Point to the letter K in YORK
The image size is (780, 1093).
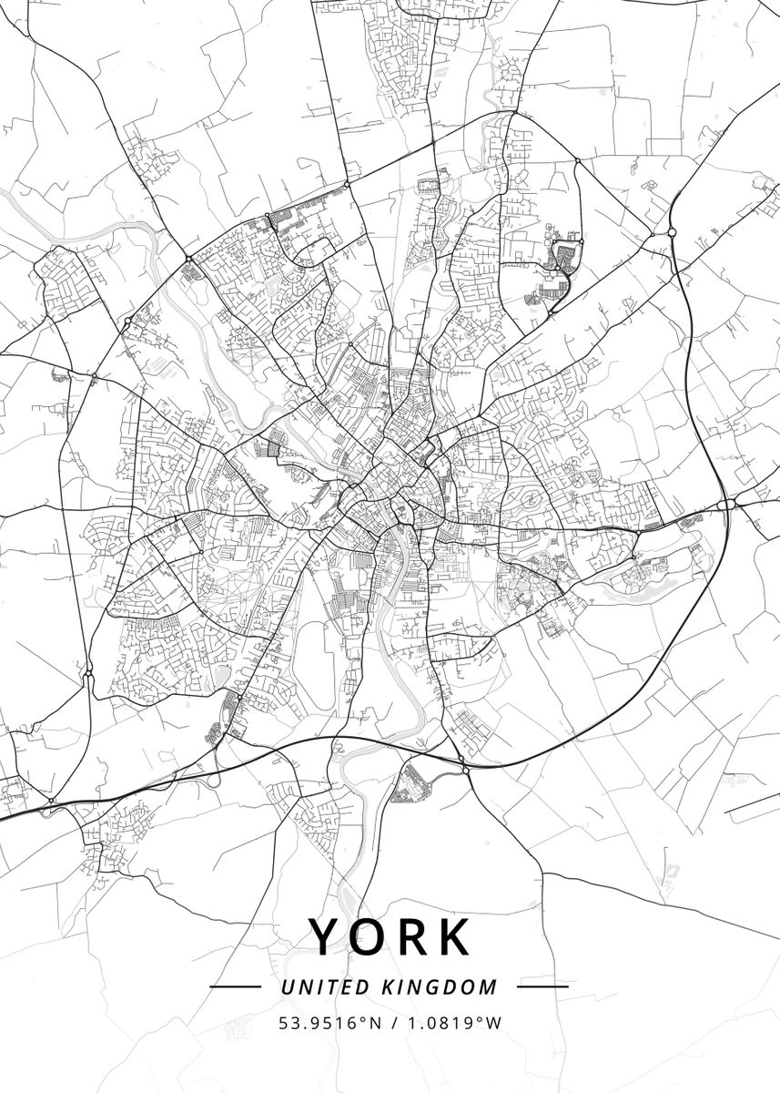pos(455,936)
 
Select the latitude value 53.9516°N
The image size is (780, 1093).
pos(329,1023)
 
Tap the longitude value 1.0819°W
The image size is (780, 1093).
pos(451,1023)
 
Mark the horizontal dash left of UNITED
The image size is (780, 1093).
pos(235,986)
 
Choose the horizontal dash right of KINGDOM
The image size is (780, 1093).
pos(542,986)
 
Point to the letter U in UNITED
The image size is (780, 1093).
pos(288,986)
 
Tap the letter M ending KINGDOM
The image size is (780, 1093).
pos(490,986)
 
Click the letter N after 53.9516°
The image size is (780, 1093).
pos(373,1023)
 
